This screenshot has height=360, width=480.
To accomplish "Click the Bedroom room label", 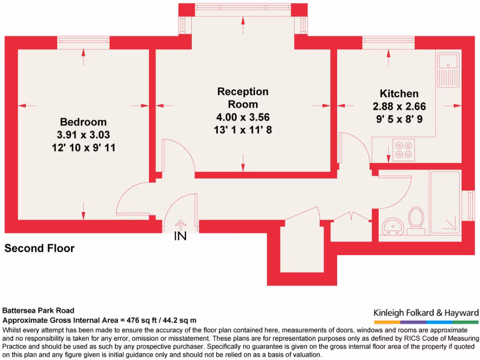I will click(x=83, y=122).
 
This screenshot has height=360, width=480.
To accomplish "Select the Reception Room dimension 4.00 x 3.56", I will click(x=243, y=117).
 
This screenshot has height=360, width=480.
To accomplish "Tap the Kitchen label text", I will click(x=399, y=93).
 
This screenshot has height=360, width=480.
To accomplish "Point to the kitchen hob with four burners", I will click(x=404, y=150).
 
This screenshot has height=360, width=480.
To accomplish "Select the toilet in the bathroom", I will click(x=415, y=221).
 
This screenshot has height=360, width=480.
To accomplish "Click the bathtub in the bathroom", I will click(x=445, y=203).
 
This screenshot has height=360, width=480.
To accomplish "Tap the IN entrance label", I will click(x=180, y=237).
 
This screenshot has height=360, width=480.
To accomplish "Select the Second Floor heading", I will click(x=39, y=248).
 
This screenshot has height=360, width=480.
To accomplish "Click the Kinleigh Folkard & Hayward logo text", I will click(x=426, y=313).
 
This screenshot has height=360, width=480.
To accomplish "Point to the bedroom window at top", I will click(x=83, y=43).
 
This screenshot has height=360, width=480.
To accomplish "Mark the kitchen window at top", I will click(x=388, y=43).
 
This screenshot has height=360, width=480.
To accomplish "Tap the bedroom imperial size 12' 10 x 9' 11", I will click(x=83, y=148).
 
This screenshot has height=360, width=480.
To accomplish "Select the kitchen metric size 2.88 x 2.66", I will click(x=399, y=106).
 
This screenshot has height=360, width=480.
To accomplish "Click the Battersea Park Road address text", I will click(x=38, y=310).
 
